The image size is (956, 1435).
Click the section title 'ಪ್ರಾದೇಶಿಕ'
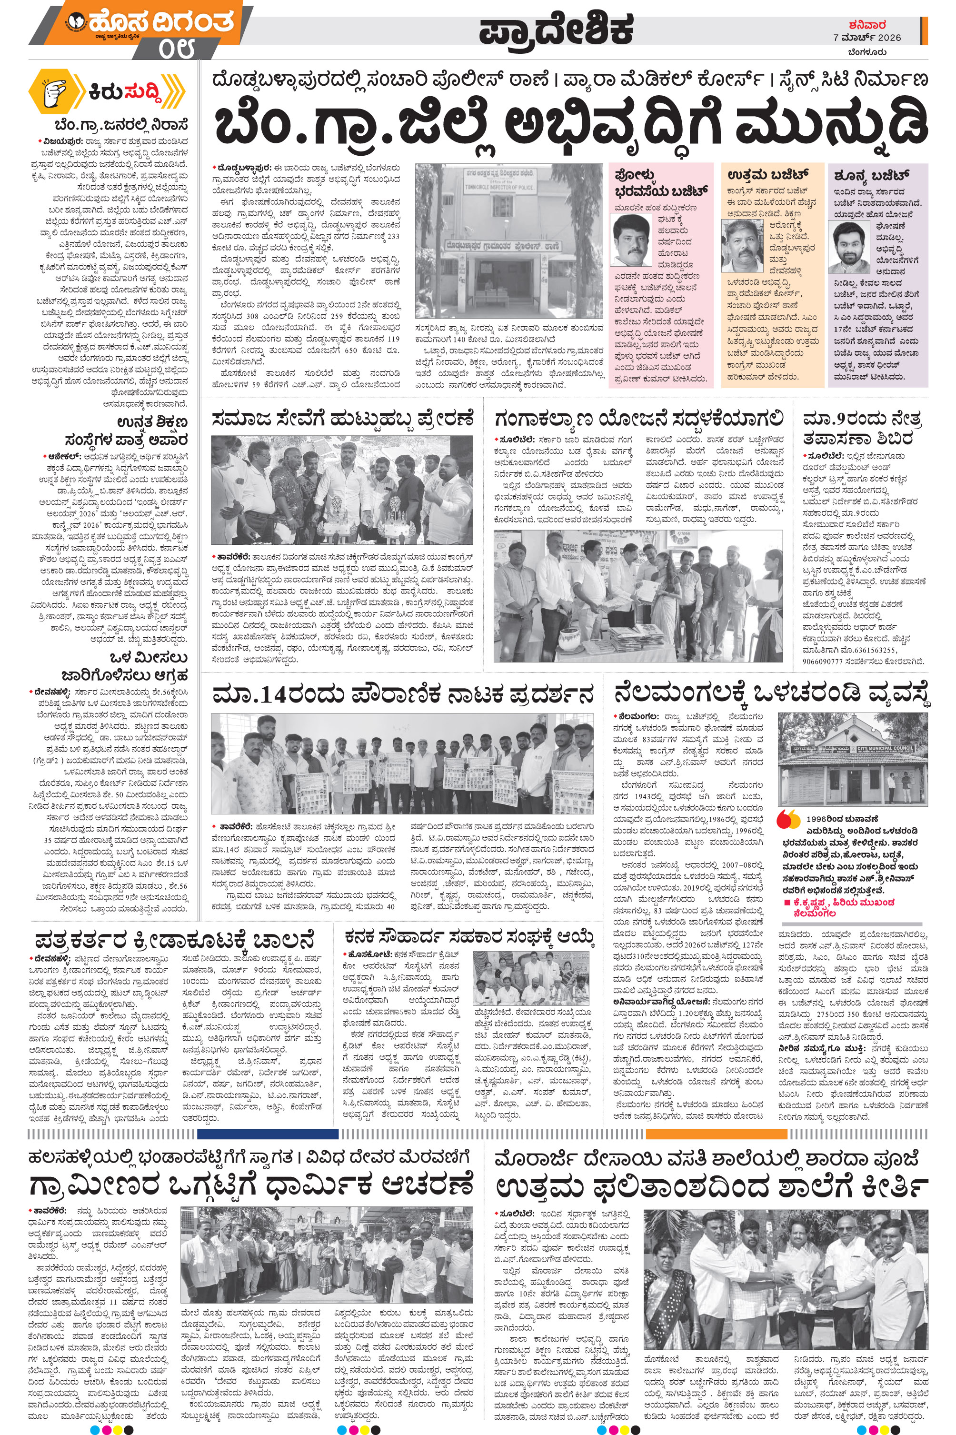click(556, 31)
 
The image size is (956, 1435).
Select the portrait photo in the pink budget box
click(632, 240)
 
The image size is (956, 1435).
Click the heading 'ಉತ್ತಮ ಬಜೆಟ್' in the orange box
click(768, 174)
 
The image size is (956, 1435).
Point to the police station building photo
click(500, 241)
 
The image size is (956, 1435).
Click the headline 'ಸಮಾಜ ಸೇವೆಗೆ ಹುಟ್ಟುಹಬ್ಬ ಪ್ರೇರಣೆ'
click(342, 420)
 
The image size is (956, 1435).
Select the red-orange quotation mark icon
click(788, 819)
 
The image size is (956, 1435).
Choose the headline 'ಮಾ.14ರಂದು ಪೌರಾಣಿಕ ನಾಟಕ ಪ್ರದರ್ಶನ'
click(402, 694)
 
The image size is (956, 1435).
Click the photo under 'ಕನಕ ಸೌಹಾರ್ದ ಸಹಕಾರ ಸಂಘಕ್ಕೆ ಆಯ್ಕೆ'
click(531, 979)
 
